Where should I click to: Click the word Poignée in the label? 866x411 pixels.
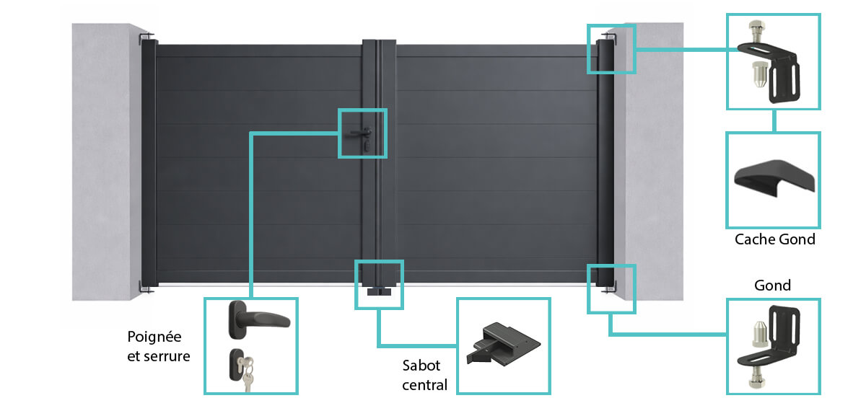(154, 337)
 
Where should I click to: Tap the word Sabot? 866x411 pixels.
(421, 366)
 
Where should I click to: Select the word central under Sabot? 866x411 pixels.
(424, 385)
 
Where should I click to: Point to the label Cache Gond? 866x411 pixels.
(775, 239)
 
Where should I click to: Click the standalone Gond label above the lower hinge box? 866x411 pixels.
(772, 286)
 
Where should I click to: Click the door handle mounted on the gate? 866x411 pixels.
(361, 133)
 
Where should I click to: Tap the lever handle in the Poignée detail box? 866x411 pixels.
(258, 320)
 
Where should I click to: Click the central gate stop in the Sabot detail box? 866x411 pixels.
(504, 344)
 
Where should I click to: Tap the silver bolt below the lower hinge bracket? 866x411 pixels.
(756, 376)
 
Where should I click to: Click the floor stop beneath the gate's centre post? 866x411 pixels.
(379, 291)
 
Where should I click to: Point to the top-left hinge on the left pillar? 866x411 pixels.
(147, 37)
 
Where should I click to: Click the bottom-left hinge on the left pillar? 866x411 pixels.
(147, 288)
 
